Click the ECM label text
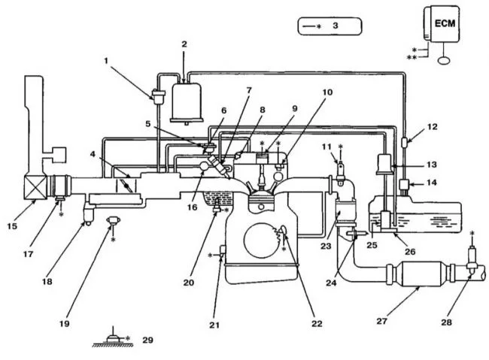point(445,23)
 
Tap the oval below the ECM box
point(443,60)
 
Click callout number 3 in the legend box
point(336,26)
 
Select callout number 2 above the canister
point(184,44)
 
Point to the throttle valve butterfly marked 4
point(126,186)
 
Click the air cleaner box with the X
point(35,188)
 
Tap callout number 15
point(12,226)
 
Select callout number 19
point(64,324)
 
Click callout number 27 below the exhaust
point(381,321)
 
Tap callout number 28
point(446,322)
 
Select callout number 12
point(433,127)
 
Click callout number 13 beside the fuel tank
point(432,165)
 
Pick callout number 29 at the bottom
point(147,340)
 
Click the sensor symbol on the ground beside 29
point(113,338)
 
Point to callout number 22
point(317,324)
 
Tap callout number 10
point(327,92)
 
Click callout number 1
point(106,60)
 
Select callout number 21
point(214,325)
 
